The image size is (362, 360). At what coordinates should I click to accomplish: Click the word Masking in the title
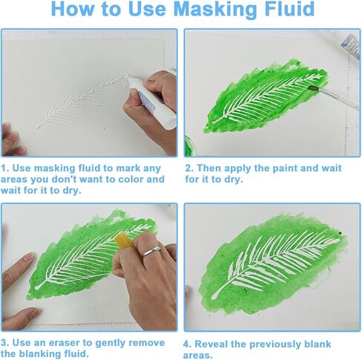216,10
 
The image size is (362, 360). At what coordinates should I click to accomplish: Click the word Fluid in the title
289,9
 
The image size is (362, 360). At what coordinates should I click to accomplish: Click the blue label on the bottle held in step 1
147,102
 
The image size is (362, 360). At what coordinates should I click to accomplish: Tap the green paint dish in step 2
190,146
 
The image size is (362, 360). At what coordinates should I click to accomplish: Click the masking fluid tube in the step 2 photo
349,46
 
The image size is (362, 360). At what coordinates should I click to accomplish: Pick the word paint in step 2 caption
285,168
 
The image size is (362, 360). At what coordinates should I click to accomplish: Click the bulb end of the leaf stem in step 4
214,295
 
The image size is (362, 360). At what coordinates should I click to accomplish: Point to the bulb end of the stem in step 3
38,287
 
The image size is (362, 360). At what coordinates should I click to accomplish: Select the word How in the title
73,9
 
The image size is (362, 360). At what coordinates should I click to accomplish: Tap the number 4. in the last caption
188,344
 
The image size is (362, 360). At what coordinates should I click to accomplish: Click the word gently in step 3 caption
111,344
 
